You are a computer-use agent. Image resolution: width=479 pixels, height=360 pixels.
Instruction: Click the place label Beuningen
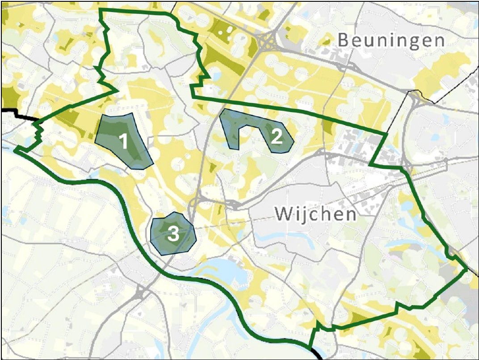(x=391, y=41)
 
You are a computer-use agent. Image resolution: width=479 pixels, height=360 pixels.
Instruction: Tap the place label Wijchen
(x=315, y=214)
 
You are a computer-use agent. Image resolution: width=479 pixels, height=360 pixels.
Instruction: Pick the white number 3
(x=173, y=234)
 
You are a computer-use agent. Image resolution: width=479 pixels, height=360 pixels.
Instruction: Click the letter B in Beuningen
(x=343, y=40)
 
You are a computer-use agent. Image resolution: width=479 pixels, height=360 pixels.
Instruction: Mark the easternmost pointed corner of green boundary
(x=467, y=269)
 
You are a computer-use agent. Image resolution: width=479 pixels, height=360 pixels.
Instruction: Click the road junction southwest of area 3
(x=139, y=293)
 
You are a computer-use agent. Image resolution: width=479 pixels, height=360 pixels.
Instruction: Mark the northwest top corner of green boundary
(x=100, y=10)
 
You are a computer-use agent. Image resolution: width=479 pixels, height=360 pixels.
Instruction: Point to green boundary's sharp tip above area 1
(x=118, y=90)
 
